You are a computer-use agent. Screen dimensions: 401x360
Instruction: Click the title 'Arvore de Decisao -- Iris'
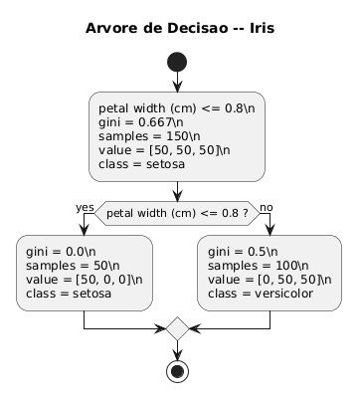click(180, 28)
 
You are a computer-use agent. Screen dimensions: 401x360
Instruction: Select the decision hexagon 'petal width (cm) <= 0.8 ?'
click(177, 212)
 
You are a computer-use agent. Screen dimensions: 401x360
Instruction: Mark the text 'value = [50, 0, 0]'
click(83, 281)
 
